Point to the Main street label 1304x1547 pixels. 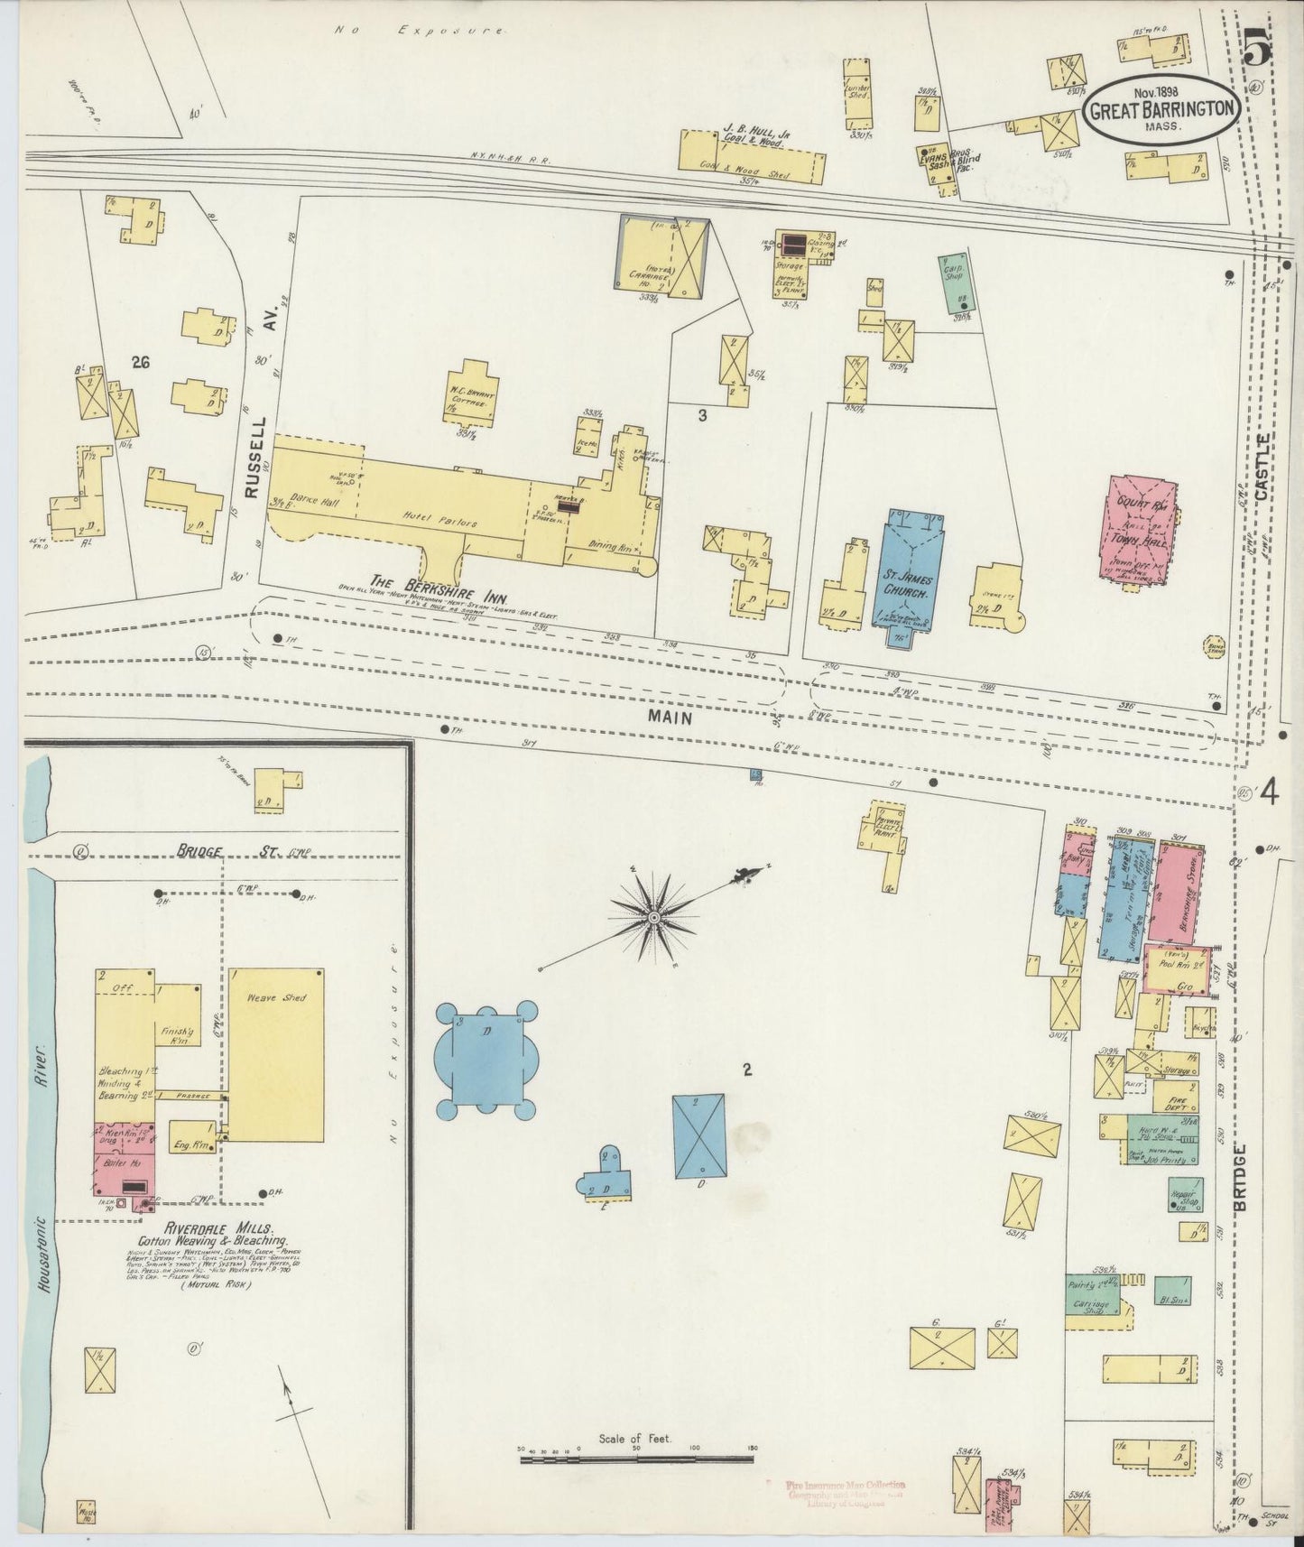tap(669, 718)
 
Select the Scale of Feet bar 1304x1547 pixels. tap(636, 1476)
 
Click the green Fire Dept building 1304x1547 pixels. tap(1175, 1097)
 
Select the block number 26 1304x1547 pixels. tap(139, 363)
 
